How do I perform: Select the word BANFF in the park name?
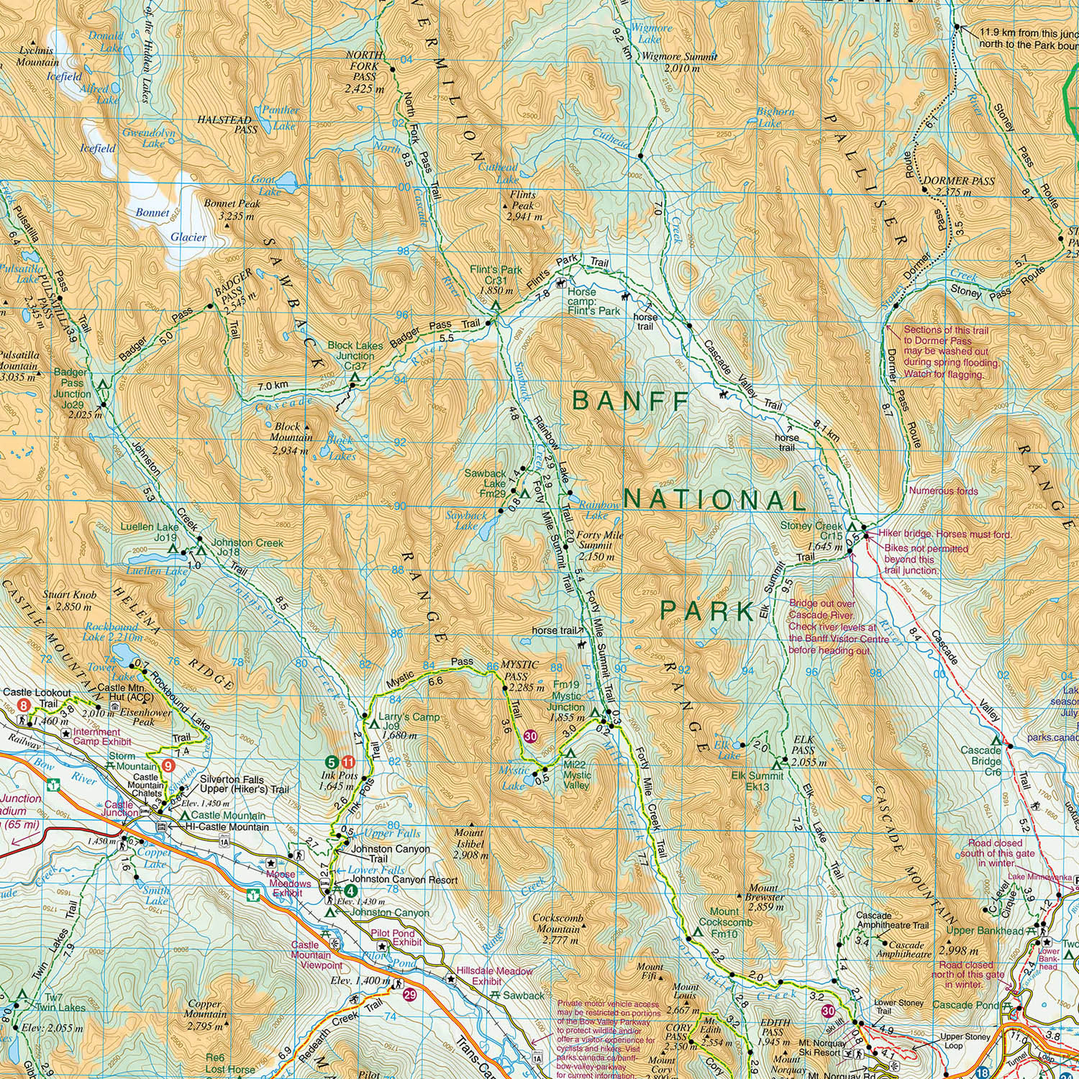(632, 401)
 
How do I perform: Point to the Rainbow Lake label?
(598, 510)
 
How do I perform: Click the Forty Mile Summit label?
(599, 546)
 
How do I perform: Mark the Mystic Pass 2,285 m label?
(519, 676)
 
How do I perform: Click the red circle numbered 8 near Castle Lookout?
(24, 706)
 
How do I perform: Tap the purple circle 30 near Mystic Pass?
(530, 736)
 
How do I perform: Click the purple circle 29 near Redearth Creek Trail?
(409, 996)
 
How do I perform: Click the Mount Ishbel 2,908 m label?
(470, 850)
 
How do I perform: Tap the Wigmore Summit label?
(679, 63)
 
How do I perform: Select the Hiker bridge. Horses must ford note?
(945, 534)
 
